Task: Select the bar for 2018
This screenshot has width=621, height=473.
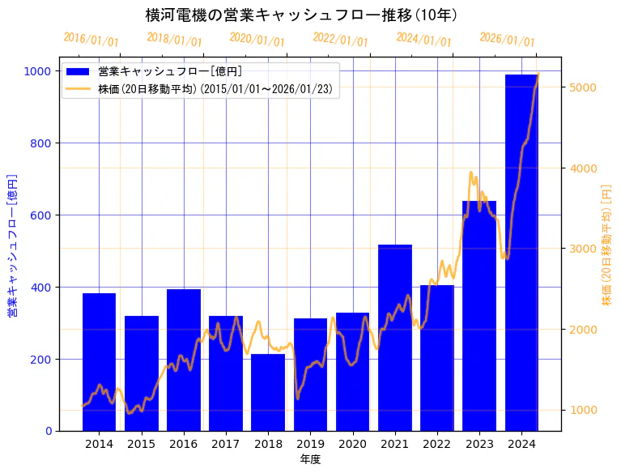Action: (268, 392)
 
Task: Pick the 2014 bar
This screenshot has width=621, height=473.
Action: (99, 362)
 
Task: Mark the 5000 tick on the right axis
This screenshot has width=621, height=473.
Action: (584, 87)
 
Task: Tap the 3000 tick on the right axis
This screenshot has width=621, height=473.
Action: (584, 249)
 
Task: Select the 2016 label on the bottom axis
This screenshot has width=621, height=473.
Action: (184, 444)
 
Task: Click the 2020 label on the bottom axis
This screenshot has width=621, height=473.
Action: (352, 444)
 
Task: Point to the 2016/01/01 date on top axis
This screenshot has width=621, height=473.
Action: (91, 40)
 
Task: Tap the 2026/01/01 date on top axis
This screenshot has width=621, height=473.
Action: (507, 40)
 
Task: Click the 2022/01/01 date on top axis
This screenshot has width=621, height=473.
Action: (340, 40)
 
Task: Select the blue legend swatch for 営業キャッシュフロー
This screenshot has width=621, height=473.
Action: (79, 71)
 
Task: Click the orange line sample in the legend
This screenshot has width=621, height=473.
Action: (79, 88)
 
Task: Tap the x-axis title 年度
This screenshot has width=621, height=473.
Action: (310, 459)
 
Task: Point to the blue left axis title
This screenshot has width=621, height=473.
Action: (12, 245)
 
